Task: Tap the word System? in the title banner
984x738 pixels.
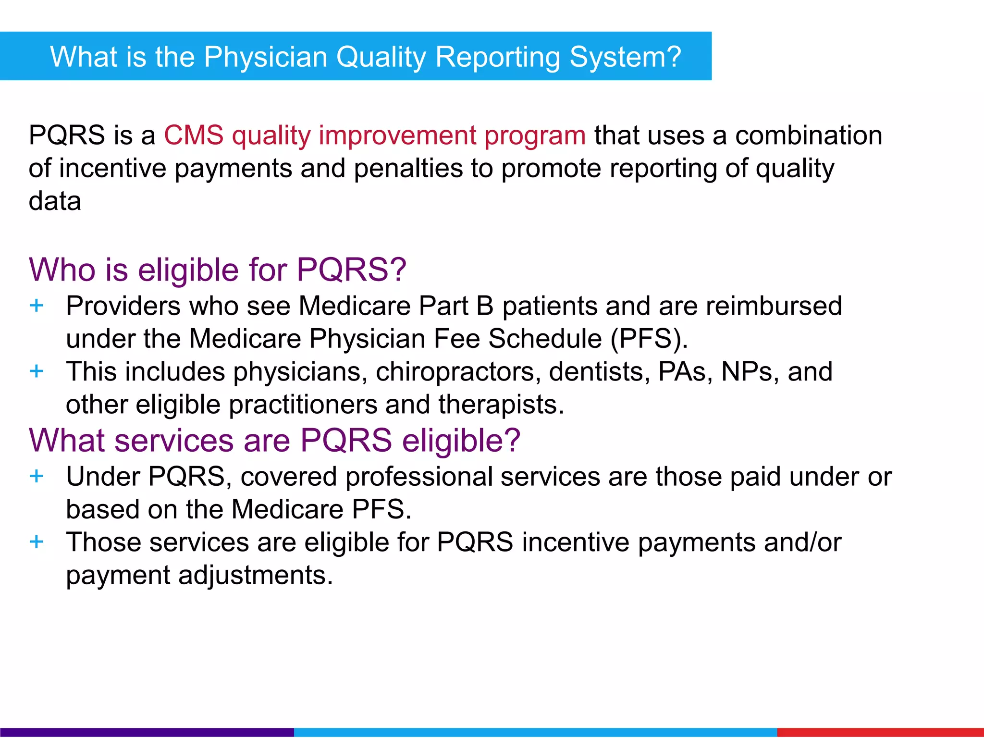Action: (x=625, y=57)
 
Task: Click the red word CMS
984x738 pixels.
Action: (x=193, y=135)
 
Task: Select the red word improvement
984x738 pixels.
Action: (x=397, y=135)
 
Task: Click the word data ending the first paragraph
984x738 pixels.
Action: (x=55, y=201)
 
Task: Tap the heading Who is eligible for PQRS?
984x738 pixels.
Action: (x=217, y=269)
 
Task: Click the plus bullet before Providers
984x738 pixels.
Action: (x=37, y=306)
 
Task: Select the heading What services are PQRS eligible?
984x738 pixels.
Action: (x=274, y=440)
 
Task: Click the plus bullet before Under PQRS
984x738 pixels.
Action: (x=37, y=477)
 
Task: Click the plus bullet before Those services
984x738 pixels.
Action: (x=37, y=542)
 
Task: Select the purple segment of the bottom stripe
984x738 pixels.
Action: (x=147, y=732)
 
